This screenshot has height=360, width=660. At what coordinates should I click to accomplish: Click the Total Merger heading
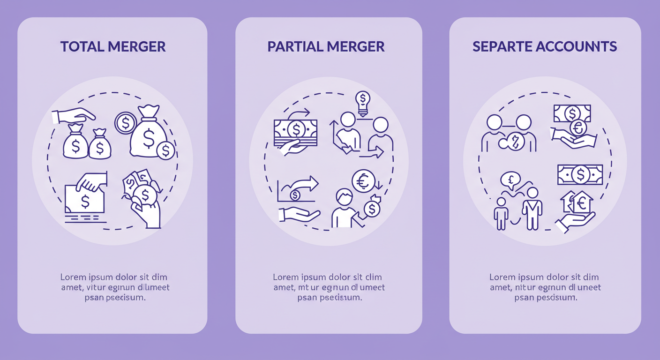(x=112, y=46)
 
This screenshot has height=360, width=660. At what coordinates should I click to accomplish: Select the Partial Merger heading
(x=326, y=46)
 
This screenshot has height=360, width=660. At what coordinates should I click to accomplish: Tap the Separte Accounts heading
(x=544, y=46)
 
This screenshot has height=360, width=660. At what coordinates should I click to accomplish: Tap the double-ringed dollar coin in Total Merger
(x=125, y=123)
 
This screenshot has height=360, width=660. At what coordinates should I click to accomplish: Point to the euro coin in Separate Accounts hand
(x=578, y=127)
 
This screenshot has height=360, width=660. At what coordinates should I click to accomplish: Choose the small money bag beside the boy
(x=372, y=209)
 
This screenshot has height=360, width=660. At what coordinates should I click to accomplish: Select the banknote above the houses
(x=580, y=174)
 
